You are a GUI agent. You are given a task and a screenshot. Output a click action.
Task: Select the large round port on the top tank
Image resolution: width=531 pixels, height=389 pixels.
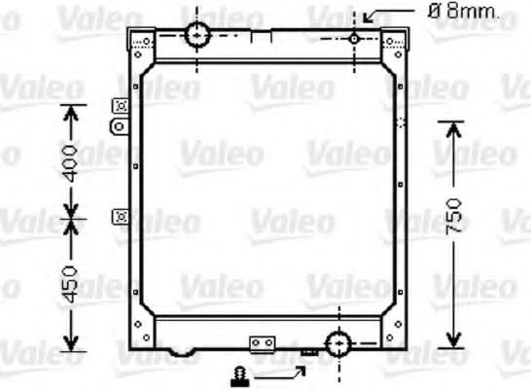coord(198,35)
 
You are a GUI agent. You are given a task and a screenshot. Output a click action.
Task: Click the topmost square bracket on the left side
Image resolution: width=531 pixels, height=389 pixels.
coord(121,106)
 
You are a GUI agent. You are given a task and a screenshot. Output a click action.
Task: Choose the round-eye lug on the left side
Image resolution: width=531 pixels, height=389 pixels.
coord(120,126)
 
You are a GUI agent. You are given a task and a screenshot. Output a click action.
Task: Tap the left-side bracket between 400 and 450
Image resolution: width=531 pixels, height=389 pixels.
coord(121,216)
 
